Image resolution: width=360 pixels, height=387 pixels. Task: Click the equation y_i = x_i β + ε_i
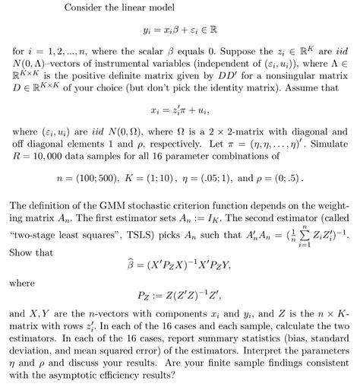pos(179,33)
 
